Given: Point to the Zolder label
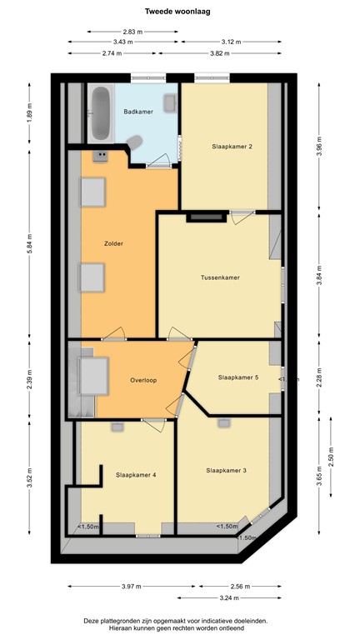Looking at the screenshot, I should [x=114, y=243].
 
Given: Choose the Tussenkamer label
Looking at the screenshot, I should [x=220, y=277].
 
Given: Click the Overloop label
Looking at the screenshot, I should [x=143, y=380].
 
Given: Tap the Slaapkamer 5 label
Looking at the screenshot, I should [x=238, y=377].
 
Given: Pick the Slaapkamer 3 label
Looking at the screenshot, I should [x=226, y=470].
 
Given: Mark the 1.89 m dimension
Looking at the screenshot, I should [x=29, y=113].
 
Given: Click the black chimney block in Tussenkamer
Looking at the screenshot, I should [x=205, y=218].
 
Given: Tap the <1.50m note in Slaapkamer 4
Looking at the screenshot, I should [x=89, y=527].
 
